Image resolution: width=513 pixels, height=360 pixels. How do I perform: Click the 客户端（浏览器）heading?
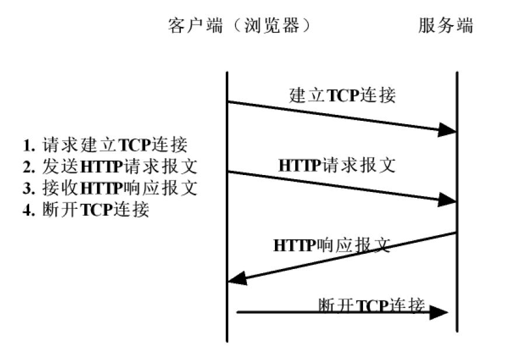pos(239,26)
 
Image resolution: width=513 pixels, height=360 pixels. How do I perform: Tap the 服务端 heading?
pos(446,26)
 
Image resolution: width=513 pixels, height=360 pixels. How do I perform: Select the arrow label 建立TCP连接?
pos(342,96)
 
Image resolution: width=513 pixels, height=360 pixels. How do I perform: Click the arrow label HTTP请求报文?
pos(337,165)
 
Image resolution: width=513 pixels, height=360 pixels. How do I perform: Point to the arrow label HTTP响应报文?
pos(331,245)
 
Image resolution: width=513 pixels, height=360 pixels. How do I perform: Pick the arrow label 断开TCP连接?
pos(372,306)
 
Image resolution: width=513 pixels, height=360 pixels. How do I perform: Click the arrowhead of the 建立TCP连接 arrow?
pos(447,130)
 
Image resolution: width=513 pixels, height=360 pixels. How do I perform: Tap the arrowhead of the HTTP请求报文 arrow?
pos(447,200)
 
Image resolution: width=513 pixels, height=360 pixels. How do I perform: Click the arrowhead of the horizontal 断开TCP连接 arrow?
pos(438,313)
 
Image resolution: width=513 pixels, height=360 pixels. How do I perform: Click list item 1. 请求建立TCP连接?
pos(105,145)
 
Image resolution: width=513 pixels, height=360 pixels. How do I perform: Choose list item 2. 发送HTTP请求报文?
pos(110,166)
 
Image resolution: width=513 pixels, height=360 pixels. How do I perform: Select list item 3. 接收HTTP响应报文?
pos(110,188)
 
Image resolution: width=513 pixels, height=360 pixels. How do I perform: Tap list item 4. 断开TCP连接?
pos(86,209)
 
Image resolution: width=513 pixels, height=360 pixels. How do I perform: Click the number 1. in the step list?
pos(29,145)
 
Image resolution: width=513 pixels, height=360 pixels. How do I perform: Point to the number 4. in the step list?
pos(29,210)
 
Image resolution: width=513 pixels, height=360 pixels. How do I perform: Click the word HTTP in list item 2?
pos(102,167)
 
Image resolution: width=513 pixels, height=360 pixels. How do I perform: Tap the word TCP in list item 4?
pos(96,210)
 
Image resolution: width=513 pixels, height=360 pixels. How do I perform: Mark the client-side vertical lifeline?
pos(227,207)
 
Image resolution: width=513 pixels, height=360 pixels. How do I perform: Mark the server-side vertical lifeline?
pos(457,202)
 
